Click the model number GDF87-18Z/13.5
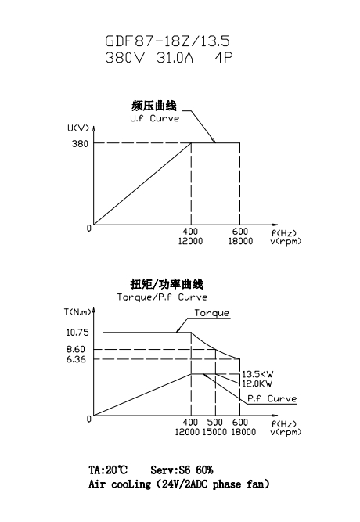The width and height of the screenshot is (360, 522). pyautogui.click(x=167, y=41)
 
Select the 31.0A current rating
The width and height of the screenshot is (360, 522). pyautogui.click(x=175, y=58)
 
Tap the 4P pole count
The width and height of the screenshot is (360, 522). pyautogui.click(x=224, y=58)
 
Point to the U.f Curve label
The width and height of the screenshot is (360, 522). pyautogui.click(x=154, y=118)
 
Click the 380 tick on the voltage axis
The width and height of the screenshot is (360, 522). pyautogui.click(x=80, y=143)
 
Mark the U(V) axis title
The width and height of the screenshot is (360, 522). pyautogui.click(x=78, y=128)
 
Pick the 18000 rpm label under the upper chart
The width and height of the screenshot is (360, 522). pyautogui.click(x=240, y=241)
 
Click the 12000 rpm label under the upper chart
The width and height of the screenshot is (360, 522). pyautogui.click(x=190, y=241)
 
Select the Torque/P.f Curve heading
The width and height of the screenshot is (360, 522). pyautogui.click(x=162, y=297)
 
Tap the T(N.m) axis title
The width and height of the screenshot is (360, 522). pyautogui.click(x=77, y=312)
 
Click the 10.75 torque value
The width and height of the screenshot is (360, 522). pyautogui.click(x=77, y=333)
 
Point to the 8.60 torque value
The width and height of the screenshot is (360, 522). pyautogui.click(x=76, y=349)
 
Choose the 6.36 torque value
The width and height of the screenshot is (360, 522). pyautogui.click(x=76, y=359)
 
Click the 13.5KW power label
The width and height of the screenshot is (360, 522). pyautogui.click(x=257, y=374)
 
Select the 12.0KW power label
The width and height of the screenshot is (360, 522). pyautogui.click(x=257, y=383)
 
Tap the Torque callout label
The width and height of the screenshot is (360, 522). pyautogui.click(x=212, y=313)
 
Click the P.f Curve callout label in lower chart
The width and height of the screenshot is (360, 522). pyautogui.click(x=272, y=398)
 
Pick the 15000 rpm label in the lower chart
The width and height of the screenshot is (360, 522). pyautogui.click(x=214, y=432)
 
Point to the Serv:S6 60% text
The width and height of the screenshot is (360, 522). pyautogui.click(x=182, y=470)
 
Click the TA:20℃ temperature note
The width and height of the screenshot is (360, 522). pyautogui.click(x=108, y=470)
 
